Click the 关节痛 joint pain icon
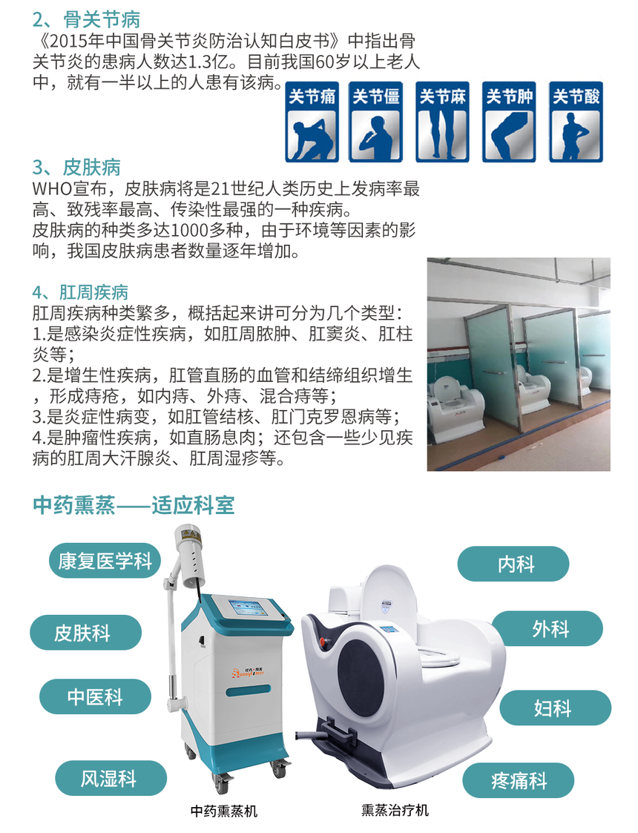(312, 122)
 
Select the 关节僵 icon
(375, 122)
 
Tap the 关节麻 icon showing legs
(442, 122)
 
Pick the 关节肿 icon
(509, 122)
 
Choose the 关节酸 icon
(576, 122)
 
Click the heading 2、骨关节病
(86, 19)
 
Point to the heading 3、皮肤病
(76, 168)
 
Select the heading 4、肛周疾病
(80, 292)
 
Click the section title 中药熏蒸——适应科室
(134, 504)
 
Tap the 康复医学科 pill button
(105, 561)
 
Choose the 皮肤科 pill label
(85, 632)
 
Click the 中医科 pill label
(95, 697)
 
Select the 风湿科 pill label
(111, 778)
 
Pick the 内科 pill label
(513, 564)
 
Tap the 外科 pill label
(547, 628)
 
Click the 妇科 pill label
(555, 708)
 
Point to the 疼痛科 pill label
(519, 780)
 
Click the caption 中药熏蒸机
(223, 811)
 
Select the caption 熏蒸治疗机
(395, 810)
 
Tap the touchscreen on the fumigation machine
(246, 608)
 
